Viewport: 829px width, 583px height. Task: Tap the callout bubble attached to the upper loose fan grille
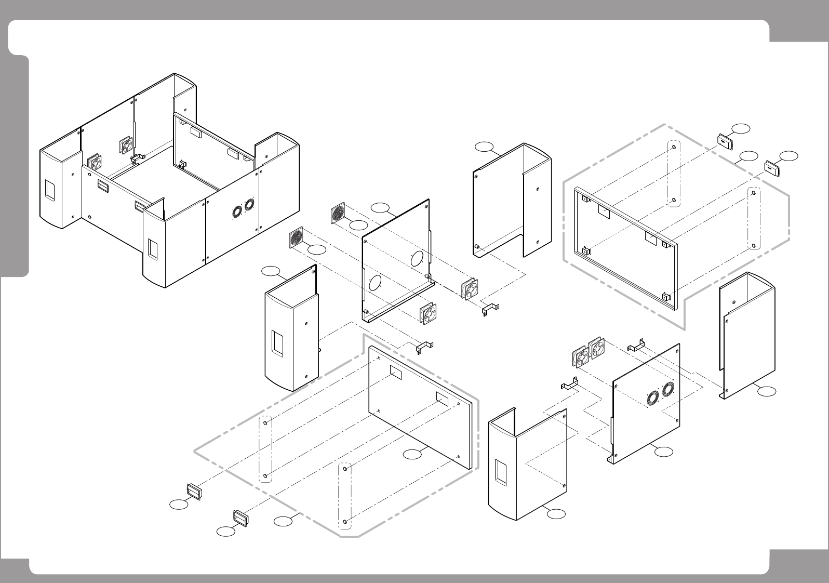click(358, 225)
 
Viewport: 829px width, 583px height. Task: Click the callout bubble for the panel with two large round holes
click(380, 209)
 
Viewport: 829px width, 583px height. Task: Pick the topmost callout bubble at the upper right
click(741, 128)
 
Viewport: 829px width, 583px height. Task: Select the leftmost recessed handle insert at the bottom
click(193, 490)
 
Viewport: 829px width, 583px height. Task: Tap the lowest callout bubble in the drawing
click(225, 531)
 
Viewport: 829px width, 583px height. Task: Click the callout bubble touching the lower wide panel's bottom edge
click(412, 454)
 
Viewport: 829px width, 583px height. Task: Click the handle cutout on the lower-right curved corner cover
click(501, 472)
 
